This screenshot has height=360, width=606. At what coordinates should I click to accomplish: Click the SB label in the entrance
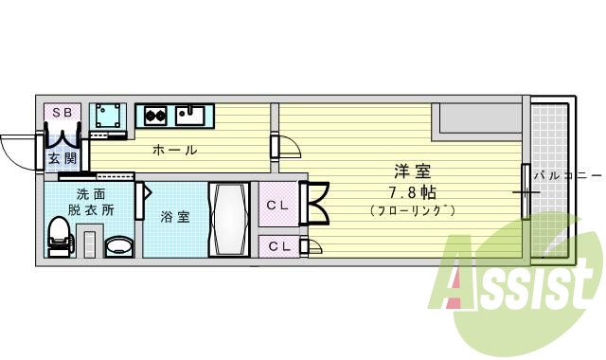click(62, 112)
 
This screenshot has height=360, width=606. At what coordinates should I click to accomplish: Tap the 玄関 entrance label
click(62, 158)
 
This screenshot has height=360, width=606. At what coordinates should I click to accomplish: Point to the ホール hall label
click(175, 150)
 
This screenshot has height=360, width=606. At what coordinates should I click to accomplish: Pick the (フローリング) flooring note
click(413, 209)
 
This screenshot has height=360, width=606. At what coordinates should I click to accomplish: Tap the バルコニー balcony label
click(566, 175)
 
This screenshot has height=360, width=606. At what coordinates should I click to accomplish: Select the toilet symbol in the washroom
click(59, 236)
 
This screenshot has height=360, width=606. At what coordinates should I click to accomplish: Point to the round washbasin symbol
click(118, 245)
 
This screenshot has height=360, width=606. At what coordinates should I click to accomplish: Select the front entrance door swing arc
click(19, 152)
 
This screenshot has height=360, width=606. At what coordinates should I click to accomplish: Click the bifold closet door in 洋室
click(314, 201)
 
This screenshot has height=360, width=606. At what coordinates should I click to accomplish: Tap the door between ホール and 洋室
click(286, 148)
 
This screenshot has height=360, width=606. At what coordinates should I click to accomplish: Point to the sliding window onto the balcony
click(525, 192)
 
